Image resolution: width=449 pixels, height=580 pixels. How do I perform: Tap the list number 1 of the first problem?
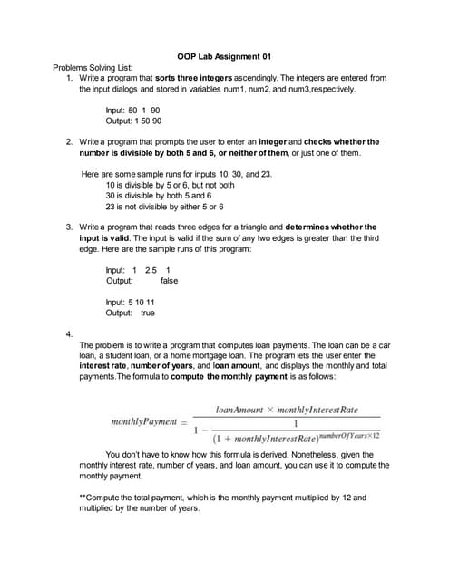click(70, 79)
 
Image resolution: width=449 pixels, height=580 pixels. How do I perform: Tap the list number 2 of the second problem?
click(70, 142)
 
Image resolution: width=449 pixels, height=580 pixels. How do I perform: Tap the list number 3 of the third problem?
click(70, 227)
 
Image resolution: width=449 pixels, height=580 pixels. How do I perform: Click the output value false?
click(169, 281)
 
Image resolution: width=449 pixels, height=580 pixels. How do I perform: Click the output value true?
click(147, 314)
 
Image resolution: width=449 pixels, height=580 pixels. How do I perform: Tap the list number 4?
click(70, 334)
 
